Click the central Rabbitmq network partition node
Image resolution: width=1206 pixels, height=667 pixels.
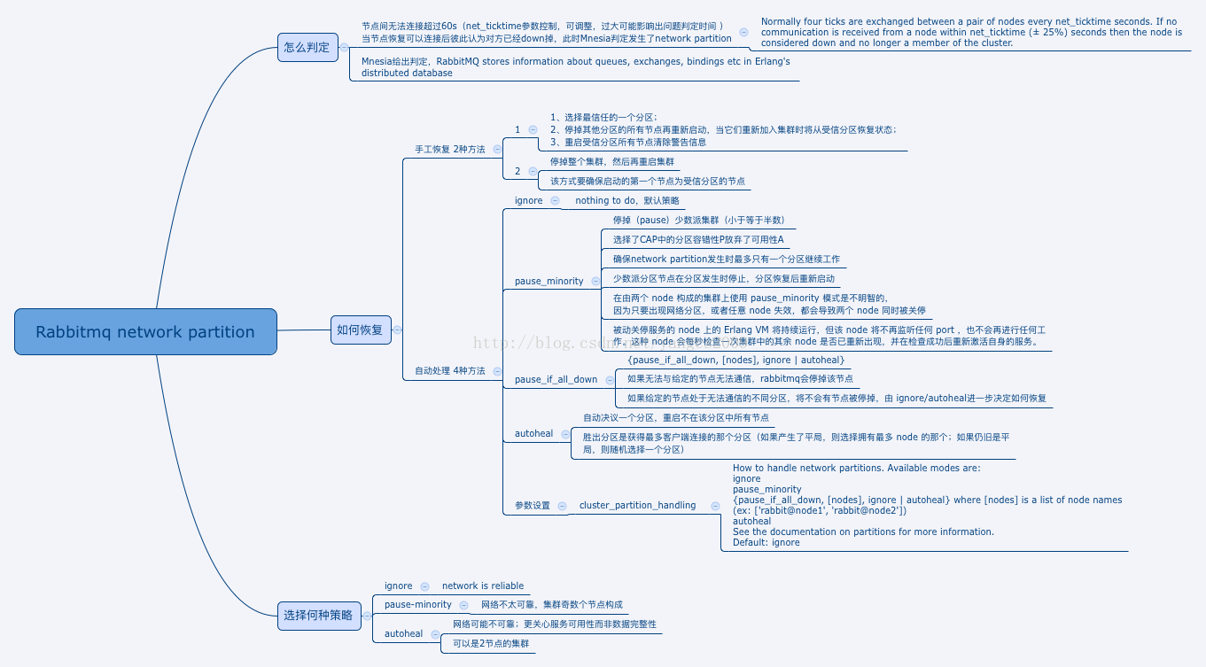(x=145, y=332)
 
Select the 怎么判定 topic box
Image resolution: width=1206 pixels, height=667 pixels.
(x=307, y=47)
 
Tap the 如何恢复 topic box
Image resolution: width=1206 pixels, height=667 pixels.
(x=360, y=330)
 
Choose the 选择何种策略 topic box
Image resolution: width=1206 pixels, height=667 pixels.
(x=318, y=615)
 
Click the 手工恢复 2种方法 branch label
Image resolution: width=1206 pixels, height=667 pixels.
(x=450, y=149)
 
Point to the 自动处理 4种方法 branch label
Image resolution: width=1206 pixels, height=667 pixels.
(x=450, y=371)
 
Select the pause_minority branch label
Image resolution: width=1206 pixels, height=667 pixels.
(x=549, y=281)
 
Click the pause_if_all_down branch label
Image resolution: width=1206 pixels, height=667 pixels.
(x=556, y=379)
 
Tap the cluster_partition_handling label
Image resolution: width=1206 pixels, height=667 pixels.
(x=637, y=505)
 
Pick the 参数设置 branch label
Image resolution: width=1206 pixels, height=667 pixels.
(x=533, y=506)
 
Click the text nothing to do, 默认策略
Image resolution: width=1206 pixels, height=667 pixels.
(x=626, y=201)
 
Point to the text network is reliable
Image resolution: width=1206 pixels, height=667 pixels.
(x=483, y=586)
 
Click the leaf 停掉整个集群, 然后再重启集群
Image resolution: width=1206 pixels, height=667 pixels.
(x=611, y=162)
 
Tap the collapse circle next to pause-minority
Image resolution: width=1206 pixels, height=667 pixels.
(x=463, y=605)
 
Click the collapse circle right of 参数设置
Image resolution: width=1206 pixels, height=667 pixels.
(x=562, y=506)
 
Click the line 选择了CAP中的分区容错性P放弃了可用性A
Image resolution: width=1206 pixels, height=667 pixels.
(x=698, y=239)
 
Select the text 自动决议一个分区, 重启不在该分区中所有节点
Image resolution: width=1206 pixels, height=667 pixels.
(x=675, y=417)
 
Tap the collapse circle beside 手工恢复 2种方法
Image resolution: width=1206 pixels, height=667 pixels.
(x=497, y=150)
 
